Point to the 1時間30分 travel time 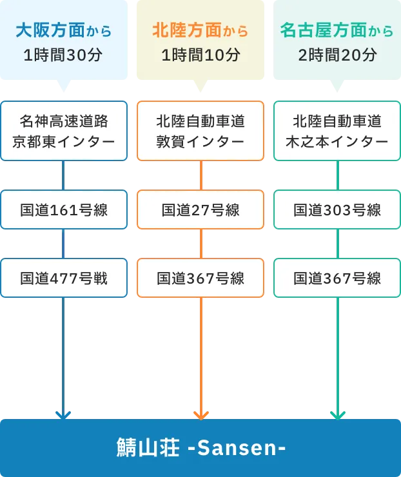click(63, 55)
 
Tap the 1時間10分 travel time click(200, 55)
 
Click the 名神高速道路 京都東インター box click(64, 131)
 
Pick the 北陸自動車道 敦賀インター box click(200, 131)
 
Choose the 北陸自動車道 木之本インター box click(337, 131)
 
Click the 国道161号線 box click(64, 209)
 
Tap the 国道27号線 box click(200, 209)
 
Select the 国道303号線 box click(337, 209)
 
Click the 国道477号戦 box click(64, 278)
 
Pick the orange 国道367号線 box click(200, 278)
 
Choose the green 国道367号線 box click(337, 278)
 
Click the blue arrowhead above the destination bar click(63, 413)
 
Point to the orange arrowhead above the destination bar click(200, 413)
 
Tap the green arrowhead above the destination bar click(338, 413)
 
